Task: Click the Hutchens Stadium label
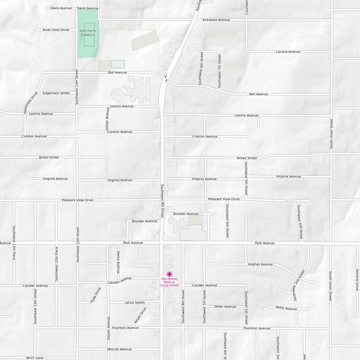click(x=88, y=33)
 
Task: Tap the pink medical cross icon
click(x=169, y=274)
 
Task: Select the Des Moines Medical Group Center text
click(x=169, y=282)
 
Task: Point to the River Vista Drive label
click(x=56, y=30)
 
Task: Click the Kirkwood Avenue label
click(x=216, y=20)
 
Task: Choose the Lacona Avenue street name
click(x=288, y=52)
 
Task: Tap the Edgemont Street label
click(x=56, y=93)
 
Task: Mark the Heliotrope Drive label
click(x=30, y=103)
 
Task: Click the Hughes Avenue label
click(x=260, y=264)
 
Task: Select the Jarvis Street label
click(x=135, y=303)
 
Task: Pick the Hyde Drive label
click(x=96, y=295)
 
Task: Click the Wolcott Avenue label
click(x=120, y=349)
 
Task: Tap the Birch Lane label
click(x=35, y=358)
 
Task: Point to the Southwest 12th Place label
click(x=56, y=264)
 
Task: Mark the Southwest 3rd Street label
click(x=278, y=347)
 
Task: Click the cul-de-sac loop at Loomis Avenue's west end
click(x=2, y=113)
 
